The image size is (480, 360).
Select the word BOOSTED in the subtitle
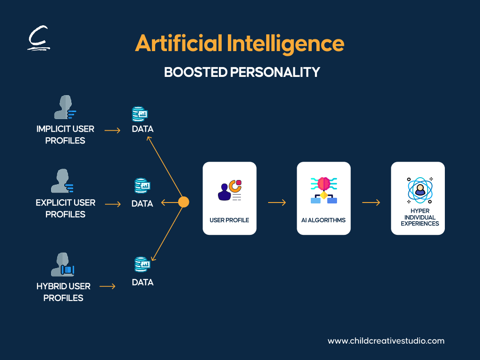[x=195, y=72]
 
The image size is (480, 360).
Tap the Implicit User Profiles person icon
[x=65, y=107]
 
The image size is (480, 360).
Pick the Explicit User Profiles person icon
[x=62, y=180]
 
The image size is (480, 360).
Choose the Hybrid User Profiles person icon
[x=62, y=264]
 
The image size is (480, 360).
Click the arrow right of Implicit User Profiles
[x=112, y=130]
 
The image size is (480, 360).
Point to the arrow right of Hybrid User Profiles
[x=107, y=286]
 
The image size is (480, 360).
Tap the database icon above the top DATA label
[x=140, y=114]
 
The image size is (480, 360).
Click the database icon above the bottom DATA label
[x=142, y=264]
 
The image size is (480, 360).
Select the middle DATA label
[x=142, y=203]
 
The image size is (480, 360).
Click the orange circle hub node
[x=184, y=202]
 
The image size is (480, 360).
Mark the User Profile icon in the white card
[x=230, y=190]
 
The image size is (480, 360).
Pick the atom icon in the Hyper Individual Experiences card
[x=420, y=190]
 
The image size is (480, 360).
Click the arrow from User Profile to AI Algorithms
[x=277, y=202]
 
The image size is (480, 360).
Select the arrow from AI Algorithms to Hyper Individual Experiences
[x=371, y=202]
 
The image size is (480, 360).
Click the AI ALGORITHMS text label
[x=323, y=220]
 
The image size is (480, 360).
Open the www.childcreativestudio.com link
[x=386, y=341]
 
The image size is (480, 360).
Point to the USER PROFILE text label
[x=229, y=220]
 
